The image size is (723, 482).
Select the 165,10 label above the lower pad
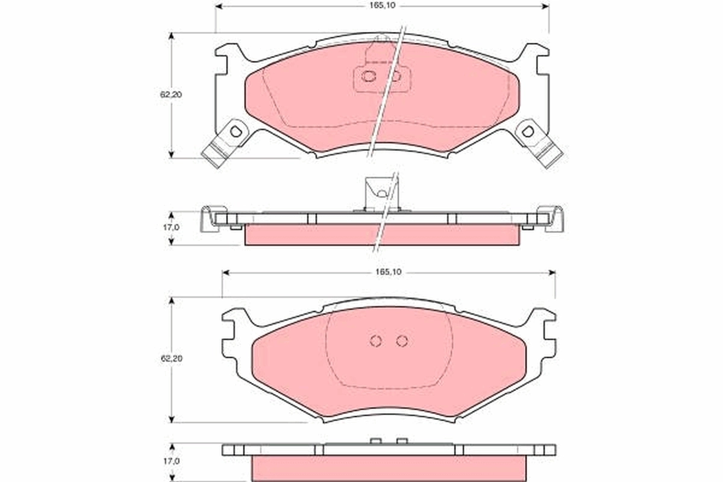(389, 272)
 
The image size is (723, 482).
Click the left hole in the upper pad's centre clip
(368, 77)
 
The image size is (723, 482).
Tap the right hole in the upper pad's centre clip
(395, 77)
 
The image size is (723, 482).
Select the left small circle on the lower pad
(375, 341)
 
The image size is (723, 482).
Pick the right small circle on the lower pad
(402, 341)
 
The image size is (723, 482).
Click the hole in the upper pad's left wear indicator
(236, 130)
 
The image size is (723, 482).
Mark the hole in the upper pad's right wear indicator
(528, 131)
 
